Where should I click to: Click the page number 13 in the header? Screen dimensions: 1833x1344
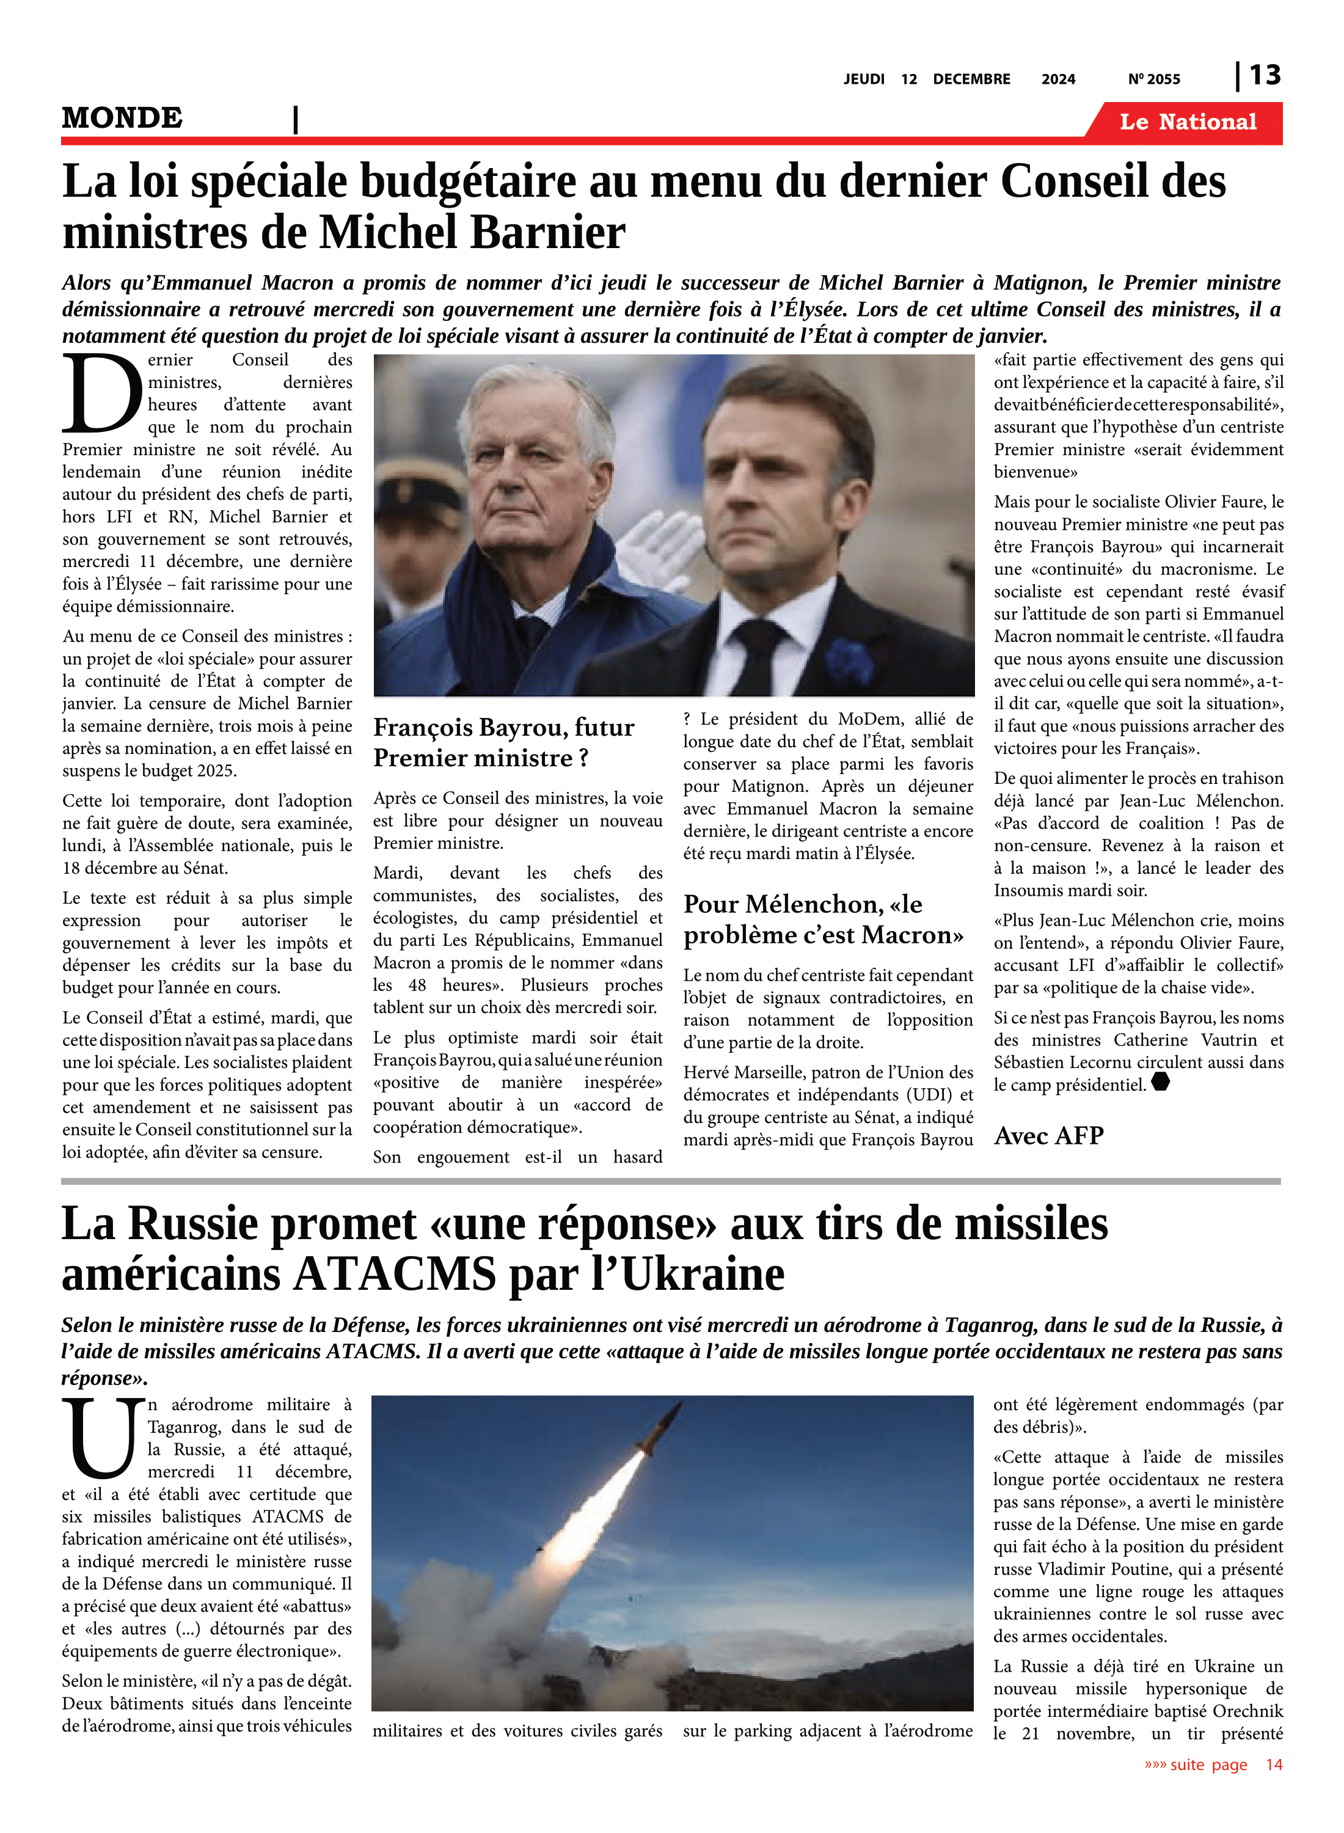[x=1264, y=75]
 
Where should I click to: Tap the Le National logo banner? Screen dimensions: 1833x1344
[x=1187, y=122]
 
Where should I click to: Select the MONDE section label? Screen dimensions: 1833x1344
[x=122, y=118]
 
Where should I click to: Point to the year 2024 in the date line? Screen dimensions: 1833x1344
[x=1057, y=79]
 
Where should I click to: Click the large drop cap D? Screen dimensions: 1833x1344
[x=101, y=395]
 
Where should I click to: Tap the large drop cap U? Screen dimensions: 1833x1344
[x=103, y=1438]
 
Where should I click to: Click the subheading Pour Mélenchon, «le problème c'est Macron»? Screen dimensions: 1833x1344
[x=824, y=920]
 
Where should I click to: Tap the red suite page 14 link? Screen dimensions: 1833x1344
[x=1212, y=1765]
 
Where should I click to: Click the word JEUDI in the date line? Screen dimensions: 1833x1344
[x=863, y=79]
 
